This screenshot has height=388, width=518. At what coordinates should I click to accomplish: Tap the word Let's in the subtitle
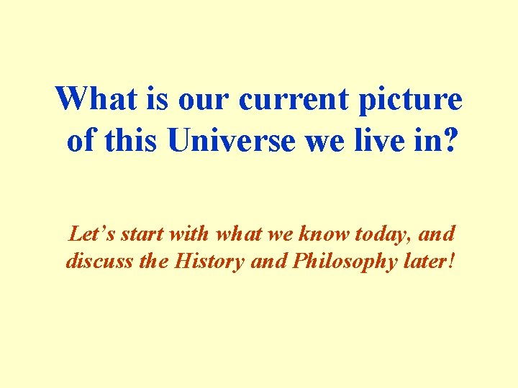click(92, 234)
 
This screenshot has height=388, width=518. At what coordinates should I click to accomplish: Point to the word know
click(321, 234)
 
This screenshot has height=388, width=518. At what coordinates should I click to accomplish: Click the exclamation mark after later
click(451, 261)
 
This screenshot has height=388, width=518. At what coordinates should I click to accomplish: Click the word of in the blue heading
click(81, 141)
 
